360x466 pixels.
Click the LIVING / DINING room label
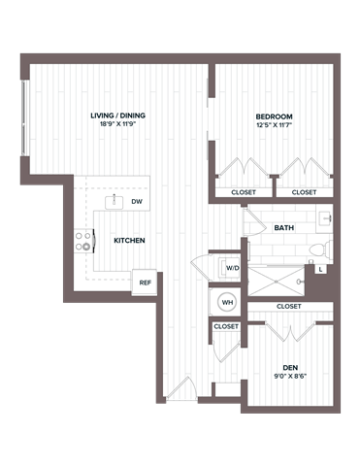pyautogui.click(x=115, y=116)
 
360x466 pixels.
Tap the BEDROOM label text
pyautogui.click(x=273, y=116)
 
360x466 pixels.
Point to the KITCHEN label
pyautogui.click(x=129, y=240)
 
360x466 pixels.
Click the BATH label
pyautogui.click(x=284, y=228)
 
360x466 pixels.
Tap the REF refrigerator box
pyautogui.click(x=145, y=282)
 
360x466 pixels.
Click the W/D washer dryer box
pyautogui.click(x=232, y=267)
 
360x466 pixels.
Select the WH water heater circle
pyautogui.click(x=227, y=302)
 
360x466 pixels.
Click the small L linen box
pyautogui.click(x=319, y=267)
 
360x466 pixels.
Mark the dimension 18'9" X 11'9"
pyautogui.click(x=115, y=124)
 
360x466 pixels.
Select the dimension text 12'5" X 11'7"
pyautogui.click(x=273, y=124)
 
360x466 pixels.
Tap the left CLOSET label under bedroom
pyautogui.click(x=244, y=192)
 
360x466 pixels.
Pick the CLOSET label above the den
pyautogui.click(x=289, y=306)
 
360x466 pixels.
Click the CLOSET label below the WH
pyautogui.click(x=226, y=327)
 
